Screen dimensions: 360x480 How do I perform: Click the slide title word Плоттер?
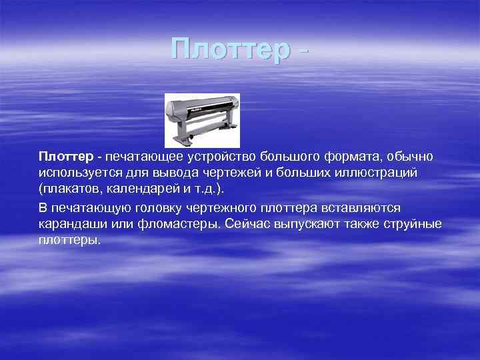coord(230,50)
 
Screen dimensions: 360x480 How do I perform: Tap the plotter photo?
coord(202,120)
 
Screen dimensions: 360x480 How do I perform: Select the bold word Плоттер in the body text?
coord(66,157)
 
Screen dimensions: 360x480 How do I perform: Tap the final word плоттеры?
coord(69,240)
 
